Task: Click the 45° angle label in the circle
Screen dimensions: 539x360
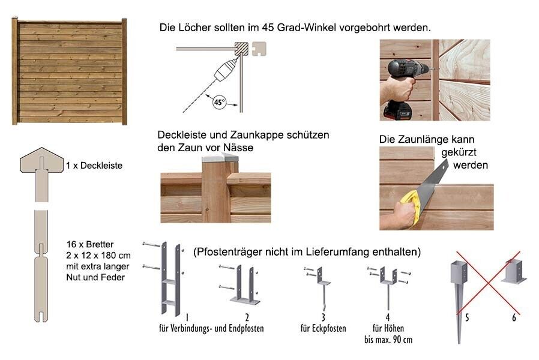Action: (x=219, y=102)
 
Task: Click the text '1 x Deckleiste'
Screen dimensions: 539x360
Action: (x=94, y=166)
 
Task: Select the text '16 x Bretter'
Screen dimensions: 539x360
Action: (x=90, y=244)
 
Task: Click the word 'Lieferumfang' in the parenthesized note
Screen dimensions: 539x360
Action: (x=334, y=252)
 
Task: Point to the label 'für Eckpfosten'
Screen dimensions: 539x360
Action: (x=323, y=328)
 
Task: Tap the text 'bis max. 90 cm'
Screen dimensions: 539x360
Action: (x=388, y=340)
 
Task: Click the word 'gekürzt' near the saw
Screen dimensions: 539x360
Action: (x=459, y=152)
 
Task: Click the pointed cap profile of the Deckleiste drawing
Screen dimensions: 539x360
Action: (x=41, y=160)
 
